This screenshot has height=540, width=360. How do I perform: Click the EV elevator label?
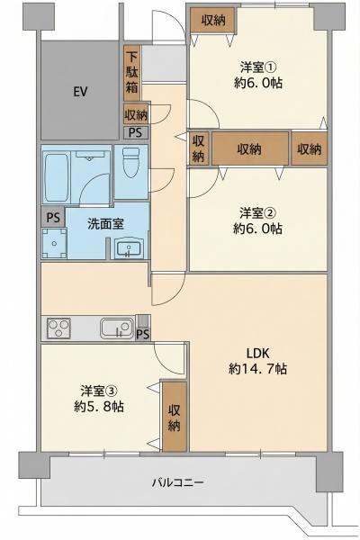(80, 92)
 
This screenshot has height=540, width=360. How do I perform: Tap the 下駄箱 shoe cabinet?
(131, 73)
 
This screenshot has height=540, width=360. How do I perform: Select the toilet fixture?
(131, 162)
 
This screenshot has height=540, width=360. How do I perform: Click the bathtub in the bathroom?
(56, 177)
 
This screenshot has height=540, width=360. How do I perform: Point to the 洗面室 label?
(105, 224)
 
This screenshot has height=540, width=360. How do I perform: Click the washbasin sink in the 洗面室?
(128, 248)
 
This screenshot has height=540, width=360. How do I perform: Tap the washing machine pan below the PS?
(54, 243)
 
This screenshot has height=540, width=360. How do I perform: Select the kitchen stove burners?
(58, 328)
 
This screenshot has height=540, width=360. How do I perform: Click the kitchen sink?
(117, 328)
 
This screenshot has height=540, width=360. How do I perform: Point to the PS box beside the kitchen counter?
(143, 328)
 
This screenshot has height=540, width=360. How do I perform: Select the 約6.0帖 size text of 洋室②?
(257, 229)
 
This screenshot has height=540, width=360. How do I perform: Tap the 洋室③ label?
(99, 391)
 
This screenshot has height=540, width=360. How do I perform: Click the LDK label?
(257, 353)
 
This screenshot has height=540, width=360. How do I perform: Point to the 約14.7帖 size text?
(257, 369)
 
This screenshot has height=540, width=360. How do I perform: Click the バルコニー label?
(178, 482)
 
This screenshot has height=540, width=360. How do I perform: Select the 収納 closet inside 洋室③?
(175, 417)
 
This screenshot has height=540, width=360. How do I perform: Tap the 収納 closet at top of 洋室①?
(213, 21)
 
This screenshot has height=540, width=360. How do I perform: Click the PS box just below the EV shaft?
(136, 132)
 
